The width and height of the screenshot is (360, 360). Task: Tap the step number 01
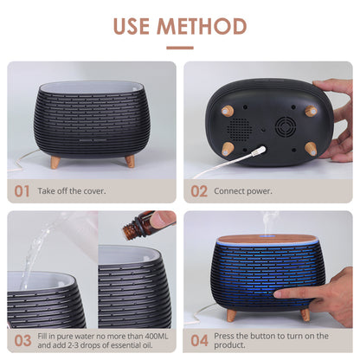click(22, 190)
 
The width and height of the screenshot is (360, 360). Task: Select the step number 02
click(199, 190)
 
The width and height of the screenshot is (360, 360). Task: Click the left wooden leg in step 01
click(55, 161)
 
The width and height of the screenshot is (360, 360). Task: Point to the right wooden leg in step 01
click(129, 161)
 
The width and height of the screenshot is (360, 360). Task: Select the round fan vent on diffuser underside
click(284, 127)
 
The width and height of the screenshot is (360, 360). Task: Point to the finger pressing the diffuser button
click(286, 292)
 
